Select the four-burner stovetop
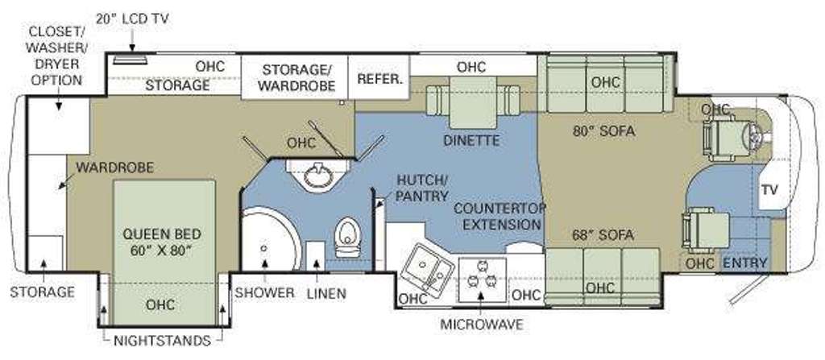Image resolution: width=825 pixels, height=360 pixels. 481,277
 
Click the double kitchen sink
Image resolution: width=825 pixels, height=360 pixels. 427,267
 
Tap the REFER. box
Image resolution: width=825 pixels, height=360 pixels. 380,79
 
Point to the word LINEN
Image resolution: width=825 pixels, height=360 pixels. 325,292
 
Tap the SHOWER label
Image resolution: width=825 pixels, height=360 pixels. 264,292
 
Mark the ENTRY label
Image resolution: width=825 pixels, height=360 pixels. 744,263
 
